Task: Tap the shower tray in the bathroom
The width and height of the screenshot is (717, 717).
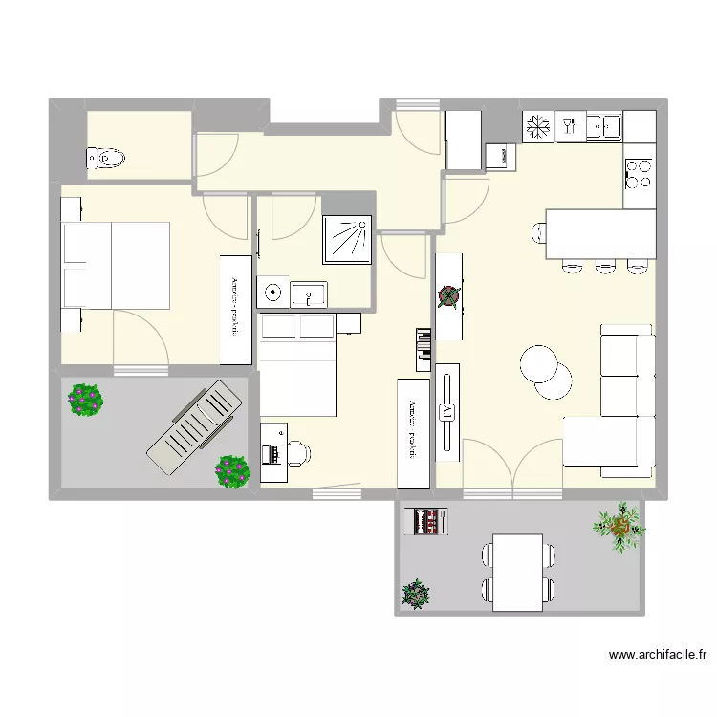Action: pyautogui.click(x=349, y=238)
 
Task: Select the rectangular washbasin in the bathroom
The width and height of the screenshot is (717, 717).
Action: pyautogui.click(x=308, y=293)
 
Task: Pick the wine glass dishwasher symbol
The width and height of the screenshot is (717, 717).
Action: pyautogui.click(x=570, y=125)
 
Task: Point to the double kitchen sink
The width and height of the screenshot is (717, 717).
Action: pyautogui.click(x=605, y=125)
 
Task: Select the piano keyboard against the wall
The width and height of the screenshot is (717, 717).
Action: pyautogui.click(x=424, y=349)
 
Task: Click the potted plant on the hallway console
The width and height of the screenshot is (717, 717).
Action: pyautogui.click(x=448, y=296)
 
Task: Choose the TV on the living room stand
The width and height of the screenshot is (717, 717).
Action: pyautogui.click(x=446, y=412)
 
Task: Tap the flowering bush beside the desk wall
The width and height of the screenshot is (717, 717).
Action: pyautogui.click(x=232, y=469)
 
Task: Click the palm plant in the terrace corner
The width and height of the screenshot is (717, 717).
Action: pyautogui.click(x=619, y=525)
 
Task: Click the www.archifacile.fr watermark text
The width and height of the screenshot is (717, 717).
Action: pyautogui.click(x=658, y=656)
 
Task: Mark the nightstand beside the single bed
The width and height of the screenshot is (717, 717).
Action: pyautogui.click(x=350, y=325)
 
